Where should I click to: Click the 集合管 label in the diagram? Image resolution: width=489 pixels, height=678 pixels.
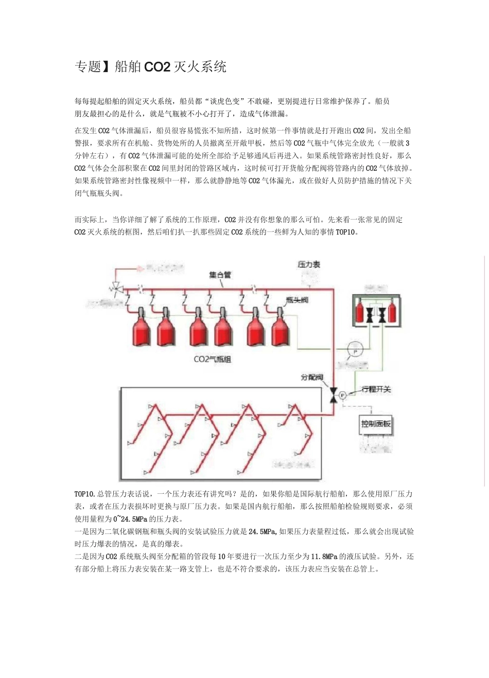(220, 275)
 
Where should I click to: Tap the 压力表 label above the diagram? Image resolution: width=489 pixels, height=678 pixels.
(309, 264)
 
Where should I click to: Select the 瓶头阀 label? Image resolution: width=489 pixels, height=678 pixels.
(297, 300)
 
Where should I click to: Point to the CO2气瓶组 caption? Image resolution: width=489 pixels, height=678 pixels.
(212, 359)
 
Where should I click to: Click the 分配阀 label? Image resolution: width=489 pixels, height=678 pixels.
(312, 378)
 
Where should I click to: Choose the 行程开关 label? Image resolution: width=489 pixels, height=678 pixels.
(376, 389)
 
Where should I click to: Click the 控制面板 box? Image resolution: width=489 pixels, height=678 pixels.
(376, 424)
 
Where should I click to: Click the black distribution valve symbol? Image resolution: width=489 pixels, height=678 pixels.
(333, 395)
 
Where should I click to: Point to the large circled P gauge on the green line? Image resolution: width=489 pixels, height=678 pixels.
(355, 350)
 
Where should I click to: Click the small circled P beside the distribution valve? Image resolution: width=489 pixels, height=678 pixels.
(343, 395)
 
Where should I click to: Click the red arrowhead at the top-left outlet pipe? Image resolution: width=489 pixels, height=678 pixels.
(139, 269)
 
